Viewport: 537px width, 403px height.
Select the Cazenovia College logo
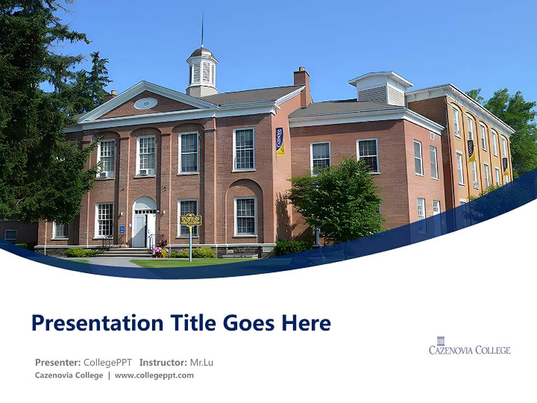point(469,346)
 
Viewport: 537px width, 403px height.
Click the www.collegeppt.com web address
point(154,376)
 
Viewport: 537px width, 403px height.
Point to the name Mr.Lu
point(201,362)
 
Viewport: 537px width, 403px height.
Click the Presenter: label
point(58,362)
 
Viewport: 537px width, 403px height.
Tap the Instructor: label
point(163,362)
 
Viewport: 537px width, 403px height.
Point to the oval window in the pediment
point(145,103)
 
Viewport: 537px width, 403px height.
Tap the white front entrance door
point(139,230)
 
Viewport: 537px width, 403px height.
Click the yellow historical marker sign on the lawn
point(190,219)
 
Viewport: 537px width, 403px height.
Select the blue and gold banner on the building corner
point(280,141)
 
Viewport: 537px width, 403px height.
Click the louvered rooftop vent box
point(381,90)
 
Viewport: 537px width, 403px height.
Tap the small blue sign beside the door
point(122,229)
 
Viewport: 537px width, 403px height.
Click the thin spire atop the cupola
point(202,31)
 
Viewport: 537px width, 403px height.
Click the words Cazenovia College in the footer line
point(69,376)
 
